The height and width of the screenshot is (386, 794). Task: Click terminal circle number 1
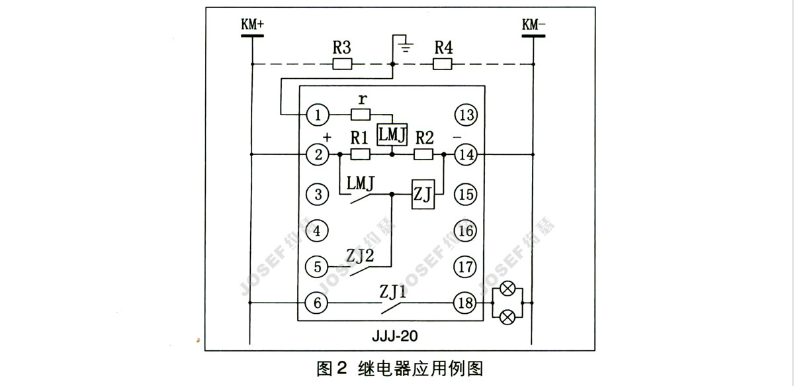pos(318,115)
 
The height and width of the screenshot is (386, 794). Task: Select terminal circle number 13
pos(466,115)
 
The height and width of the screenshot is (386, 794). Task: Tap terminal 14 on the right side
pos(466,155)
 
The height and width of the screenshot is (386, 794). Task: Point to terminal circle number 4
pos(318,231)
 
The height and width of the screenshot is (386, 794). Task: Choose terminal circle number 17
pos(466,267)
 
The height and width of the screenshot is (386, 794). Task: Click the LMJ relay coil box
pos(392,134)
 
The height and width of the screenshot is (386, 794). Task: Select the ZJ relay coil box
pos(423,194)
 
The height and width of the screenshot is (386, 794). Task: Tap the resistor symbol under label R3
pos(342,64)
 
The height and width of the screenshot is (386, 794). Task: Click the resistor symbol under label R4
pos(442,64)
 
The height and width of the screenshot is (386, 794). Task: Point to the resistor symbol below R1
pos(359,155)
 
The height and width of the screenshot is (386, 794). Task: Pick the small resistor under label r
pos(361,115)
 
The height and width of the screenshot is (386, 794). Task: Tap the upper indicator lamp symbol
pos(508,289)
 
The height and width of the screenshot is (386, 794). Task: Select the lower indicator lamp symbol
pos(508,317)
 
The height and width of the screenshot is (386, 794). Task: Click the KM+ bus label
pos(253,24)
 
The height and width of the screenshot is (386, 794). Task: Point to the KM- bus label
pos(533,24)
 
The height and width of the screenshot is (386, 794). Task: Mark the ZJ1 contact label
pos(393,290)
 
